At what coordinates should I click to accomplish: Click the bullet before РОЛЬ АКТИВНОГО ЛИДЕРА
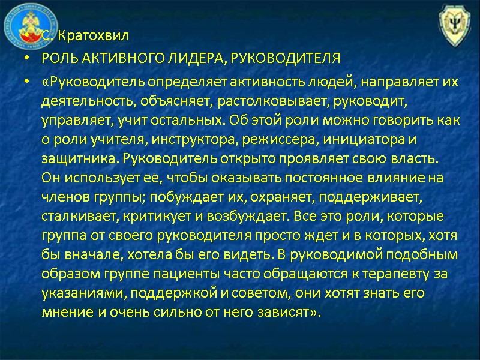pos(25,59)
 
